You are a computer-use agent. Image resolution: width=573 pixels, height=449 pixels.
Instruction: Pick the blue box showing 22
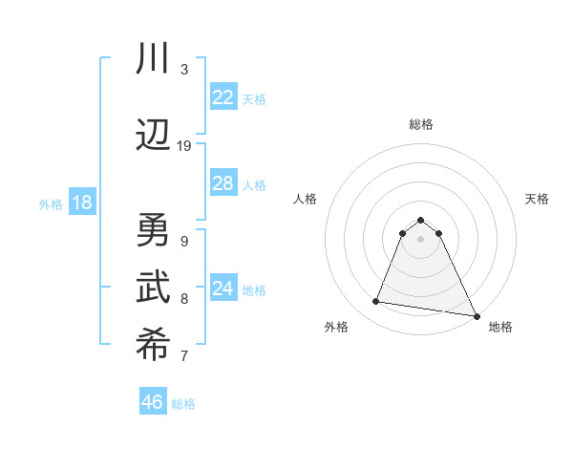click(x=223, y=97)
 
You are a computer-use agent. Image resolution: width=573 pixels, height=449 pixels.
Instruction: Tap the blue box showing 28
click(x=223, y=183)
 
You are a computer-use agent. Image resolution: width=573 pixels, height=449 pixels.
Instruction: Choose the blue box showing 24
click(x=223, y=289)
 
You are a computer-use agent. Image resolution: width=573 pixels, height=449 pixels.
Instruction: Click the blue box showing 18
click(x=81, y=203)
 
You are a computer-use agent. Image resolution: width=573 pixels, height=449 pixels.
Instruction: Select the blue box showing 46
click(x=153, y=401)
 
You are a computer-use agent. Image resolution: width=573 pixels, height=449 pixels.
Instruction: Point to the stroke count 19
click(x=184, y=145)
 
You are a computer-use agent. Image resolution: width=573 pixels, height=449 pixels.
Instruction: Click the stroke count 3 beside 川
click(x=184, y=69)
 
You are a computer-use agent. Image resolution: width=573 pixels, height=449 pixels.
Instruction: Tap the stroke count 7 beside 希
click(x=184, y=357)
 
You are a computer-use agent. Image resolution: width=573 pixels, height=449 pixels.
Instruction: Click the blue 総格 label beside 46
click(x=183, y=404)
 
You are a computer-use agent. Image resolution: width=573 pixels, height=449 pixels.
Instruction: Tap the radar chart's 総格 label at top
click(x=420, y=124)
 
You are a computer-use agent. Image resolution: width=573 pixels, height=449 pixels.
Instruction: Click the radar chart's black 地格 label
click(x=500, y=327)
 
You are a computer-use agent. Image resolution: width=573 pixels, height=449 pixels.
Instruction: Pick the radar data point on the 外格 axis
click(x=376, y=302)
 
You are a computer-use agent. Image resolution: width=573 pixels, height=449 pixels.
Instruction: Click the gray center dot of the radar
click(x=420, y=251)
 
